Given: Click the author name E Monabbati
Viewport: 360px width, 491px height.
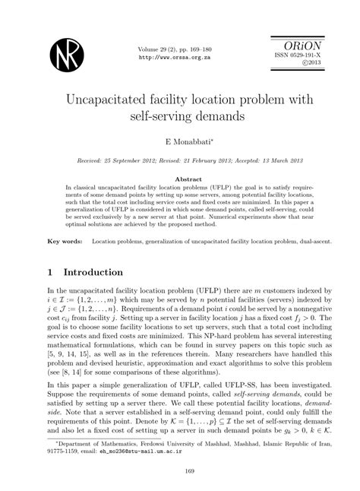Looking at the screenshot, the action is tap(179, 142).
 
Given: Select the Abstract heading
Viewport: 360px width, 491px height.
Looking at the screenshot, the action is tap(179, 177).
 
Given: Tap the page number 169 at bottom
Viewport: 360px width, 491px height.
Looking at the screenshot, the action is tap(179, 470).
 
